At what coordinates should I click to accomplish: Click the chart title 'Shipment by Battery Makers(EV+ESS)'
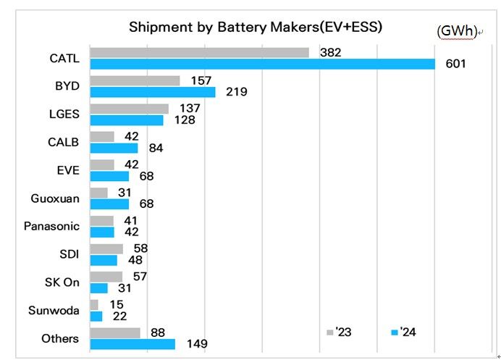click(x=256, y=28)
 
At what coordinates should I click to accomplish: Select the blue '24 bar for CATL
click(x=262, y=64)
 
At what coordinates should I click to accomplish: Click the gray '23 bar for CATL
click(x=199, y=52)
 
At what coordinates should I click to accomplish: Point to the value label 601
click(x=455, y=64)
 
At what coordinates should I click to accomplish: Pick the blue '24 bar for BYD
click(x=153, y=92)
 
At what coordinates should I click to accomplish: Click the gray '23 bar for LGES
click(x=129, y=109)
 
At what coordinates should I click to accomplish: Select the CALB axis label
click(x=65, y=142)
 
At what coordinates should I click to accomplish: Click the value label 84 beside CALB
click(x=155, y=148)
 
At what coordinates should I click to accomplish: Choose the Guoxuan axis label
click(x=55, y=198)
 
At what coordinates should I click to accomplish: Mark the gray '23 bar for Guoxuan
click(x=98, y=193)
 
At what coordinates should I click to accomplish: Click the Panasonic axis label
click(x=52, y=227)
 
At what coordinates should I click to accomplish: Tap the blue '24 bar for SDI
click(x=104, y=260)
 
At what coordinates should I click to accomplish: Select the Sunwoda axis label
click(x=54, y=311)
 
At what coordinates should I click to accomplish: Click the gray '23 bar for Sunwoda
click(x=94, y=305)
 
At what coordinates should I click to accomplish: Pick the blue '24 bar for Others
click(x=132, y=344)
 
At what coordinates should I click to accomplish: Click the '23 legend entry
click(x=340, y=332)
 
